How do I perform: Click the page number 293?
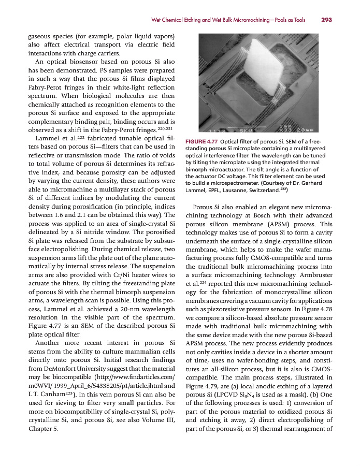pos(326,20)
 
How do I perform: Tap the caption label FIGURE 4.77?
pos(202,142)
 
